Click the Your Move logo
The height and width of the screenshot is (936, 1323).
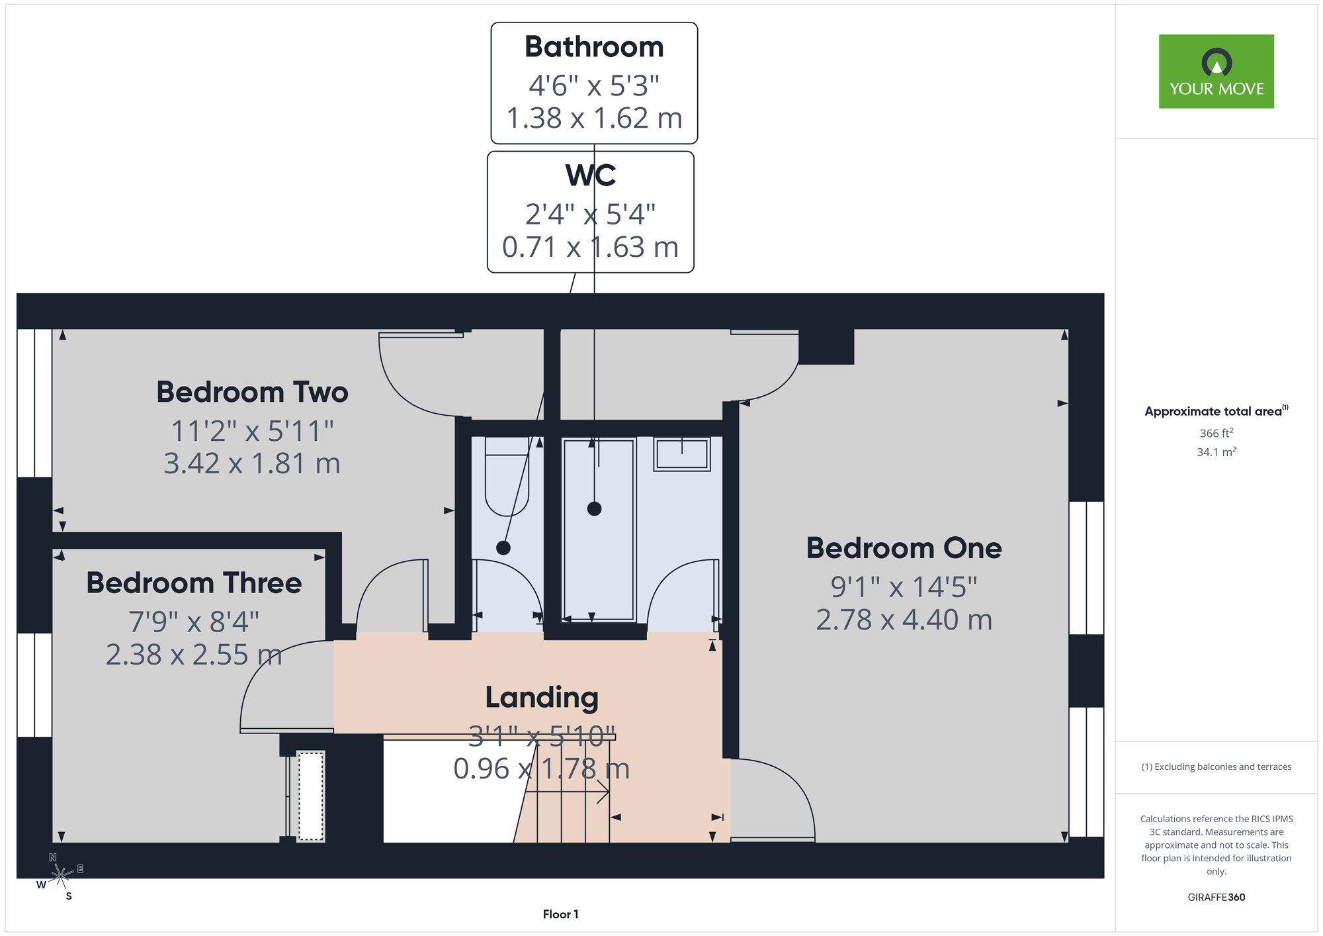[1216, 71]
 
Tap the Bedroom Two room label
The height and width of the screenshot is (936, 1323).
[252, 392]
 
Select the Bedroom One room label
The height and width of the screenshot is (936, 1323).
[904, 548]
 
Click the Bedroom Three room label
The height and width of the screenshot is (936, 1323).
[194, 583]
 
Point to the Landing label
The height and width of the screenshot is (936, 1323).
[542, 698]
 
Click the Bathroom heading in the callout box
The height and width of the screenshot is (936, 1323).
[594, 47]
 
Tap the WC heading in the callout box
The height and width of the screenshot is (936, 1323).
[591, 175]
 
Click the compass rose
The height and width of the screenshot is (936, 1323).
[60, 876]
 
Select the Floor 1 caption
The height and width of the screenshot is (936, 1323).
[560, 914]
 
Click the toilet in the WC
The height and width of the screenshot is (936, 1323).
[507, 476]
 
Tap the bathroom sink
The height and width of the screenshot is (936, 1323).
[682, 454]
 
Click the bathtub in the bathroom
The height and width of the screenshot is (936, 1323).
[599, 529]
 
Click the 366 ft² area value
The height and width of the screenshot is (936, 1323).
[1216, 433]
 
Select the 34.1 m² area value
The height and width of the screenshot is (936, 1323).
[1216, 452]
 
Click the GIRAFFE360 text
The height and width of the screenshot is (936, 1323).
[1216, 898]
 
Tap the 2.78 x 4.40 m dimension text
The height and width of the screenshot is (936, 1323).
[904, 620]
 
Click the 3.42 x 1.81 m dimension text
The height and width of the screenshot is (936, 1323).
[252, 463]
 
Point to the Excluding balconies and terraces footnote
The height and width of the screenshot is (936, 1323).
[1216, 767]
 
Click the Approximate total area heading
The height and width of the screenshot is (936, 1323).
[1216, 411]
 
